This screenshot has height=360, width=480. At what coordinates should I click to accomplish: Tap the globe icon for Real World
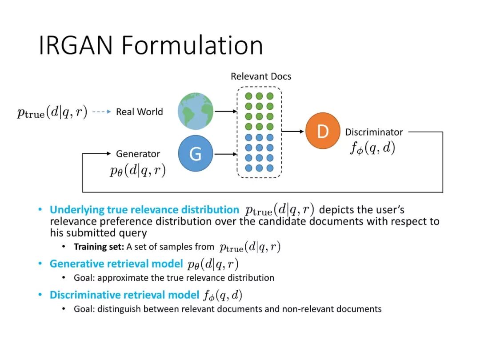(x=196, y=111)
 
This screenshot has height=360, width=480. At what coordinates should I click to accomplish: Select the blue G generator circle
(x=196, y=153)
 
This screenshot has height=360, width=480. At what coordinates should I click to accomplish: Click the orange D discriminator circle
(x=323, y=131)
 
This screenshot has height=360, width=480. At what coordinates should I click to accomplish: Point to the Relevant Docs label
(x=261, y=76)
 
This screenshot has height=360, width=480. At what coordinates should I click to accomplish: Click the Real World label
(x=139, y=112)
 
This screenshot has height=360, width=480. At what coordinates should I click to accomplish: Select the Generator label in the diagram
(x=138, y=154)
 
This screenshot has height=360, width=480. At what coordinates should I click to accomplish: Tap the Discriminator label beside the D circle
(x=374, y=132)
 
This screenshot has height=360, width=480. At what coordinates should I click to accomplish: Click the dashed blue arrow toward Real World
(x=102, y=112)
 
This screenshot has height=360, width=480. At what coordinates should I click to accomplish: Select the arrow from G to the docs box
(x=225, y=154)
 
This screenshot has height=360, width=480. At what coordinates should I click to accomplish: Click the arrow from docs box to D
(x=293, y=132)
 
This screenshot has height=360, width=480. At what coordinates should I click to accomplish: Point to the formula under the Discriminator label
(x=372, y=148)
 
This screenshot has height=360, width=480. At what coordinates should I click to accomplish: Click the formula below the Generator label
(x=138, y=171)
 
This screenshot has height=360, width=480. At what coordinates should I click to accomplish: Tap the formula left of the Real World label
(x=52, y=112)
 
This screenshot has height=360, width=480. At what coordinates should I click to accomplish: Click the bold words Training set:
(x=99, y=247)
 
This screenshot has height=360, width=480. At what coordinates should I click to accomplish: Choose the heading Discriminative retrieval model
(x=124, y=295)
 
